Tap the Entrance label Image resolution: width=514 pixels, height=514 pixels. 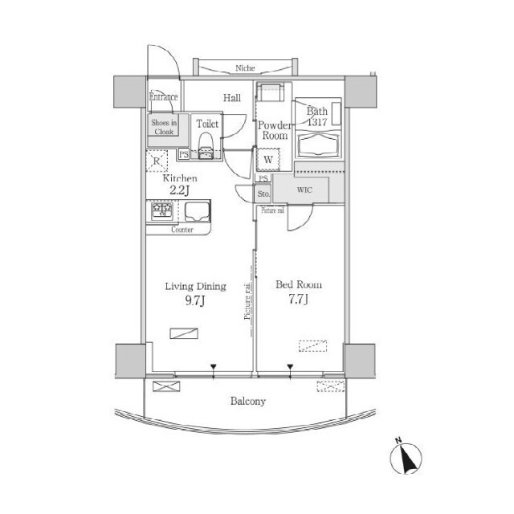pos(163,97)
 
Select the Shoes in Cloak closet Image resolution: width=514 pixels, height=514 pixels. pos(165,126)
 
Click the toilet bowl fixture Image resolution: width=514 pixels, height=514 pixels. pos(206,145)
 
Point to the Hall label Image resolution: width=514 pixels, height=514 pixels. pos(232,98)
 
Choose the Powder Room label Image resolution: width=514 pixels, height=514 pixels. pos(273,130)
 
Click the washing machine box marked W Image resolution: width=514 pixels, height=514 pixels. pos(267,159)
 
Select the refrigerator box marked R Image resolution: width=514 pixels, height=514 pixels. pos(157,161)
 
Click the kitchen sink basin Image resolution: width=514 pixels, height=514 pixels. pos(196,212)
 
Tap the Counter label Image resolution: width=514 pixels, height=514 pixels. pos(183,230)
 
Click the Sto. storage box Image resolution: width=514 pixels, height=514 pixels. pos(263,194)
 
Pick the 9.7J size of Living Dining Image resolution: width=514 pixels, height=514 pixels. pos(195,301)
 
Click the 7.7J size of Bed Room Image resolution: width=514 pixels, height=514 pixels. pos(299,300)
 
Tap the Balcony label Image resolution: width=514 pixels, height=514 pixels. pos(247,401)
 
